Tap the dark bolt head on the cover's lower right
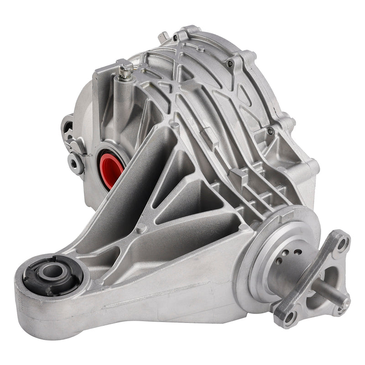click(x=270, y=131)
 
